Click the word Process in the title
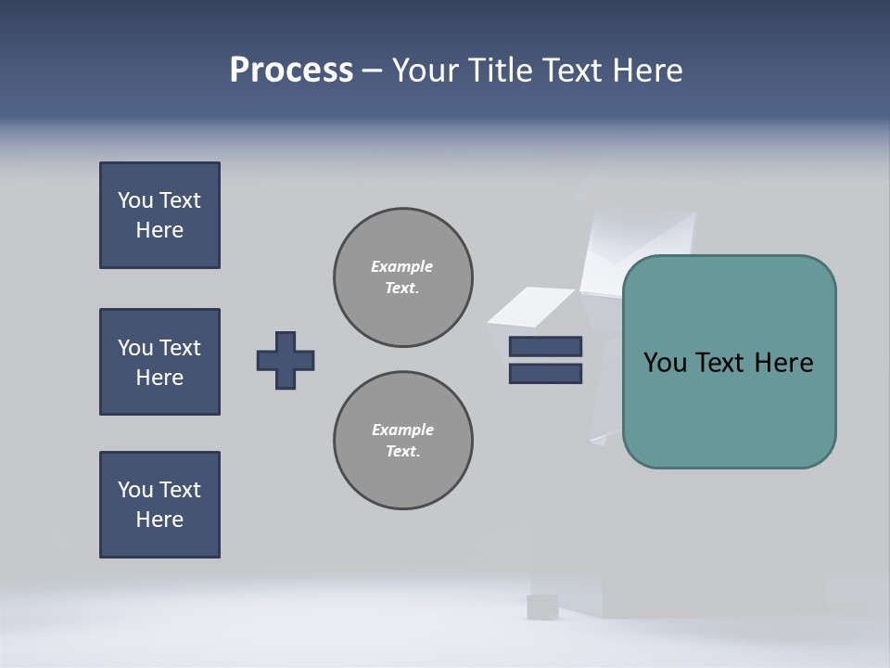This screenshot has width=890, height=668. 291,71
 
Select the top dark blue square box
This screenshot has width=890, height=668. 159,215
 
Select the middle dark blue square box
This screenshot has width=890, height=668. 159,362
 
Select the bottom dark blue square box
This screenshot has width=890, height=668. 159,505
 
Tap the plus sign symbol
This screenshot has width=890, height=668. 286,360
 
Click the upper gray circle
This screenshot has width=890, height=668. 402,277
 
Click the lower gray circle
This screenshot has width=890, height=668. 402,441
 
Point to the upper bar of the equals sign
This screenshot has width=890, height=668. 545,346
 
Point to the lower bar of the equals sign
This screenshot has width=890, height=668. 545,374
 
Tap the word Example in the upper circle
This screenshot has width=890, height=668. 401,266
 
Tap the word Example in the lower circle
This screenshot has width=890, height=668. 402,430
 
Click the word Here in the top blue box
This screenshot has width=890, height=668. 159,230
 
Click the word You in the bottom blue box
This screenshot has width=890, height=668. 135,490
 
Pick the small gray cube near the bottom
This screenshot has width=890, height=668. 542,607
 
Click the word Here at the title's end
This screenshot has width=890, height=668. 647,71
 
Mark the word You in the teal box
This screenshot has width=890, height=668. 665,363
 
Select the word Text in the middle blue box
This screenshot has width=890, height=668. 180,348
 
